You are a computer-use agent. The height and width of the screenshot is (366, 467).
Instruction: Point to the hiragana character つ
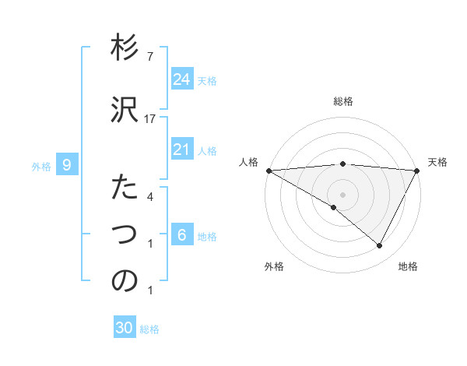(x=125, y=234)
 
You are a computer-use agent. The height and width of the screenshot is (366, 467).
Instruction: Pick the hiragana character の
(x=125, y=281)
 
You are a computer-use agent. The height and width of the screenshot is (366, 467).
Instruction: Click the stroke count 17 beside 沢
(x=149, y=118)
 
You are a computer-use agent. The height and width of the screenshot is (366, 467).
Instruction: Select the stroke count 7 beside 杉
(x=149, y=57)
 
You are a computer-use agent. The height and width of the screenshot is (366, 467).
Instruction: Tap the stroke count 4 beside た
(x=149, y=197)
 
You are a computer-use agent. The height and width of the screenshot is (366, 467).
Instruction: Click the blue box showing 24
(x=181, y=79)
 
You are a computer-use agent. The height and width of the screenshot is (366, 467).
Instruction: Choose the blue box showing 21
(x=181, y=150)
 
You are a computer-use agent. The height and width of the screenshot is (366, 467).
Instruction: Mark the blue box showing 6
(x=181, y=235)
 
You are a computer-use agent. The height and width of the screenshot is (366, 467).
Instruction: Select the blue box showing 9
(x=68, y=165)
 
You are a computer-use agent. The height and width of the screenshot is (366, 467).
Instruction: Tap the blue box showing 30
(x=125, y=329)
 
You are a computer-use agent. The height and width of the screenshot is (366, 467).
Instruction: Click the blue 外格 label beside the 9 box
(x=41, y=166)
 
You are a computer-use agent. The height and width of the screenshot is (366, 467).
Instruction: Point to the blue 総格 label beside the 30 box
(x=150, y=329)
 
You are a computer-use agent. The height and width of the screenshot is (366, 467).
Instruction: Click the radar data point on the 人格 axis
(x=269, y=170)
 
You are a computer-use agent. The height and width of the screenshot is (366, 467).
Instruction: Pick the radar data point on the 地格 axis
(x=380, y=246)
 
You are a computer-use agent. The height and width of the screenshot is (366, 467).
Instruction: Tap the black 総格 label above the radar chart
(x=343, y=101)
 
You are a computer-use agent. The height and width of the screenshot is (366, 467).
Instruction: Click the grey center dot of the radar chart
(x=342, y=193)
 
